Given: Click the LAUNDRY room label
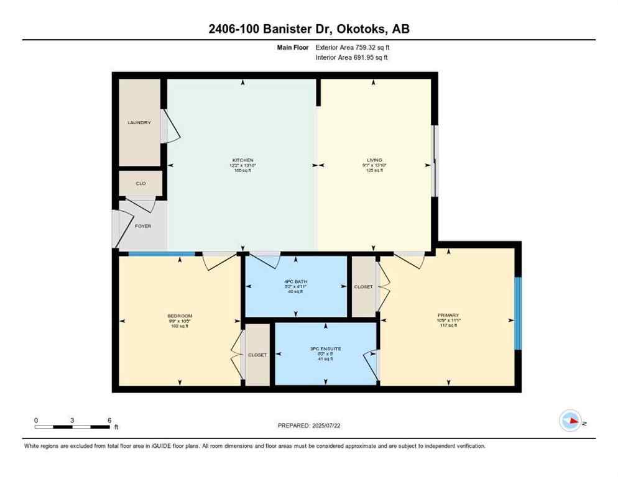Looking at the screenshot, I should point(139,123).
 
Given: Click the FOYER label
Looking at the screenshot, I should point(143,226).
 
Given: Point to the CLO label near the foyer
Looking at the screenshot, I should point(141,184).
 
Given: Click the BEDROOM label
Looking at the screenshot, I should point(179,316).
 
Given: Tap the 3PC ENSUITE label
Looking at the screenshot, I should point(326,349).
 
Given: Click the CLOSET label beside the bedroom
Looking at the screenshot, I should point(257,355).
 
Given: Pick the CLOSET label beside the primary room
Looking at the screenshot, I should point(363,287).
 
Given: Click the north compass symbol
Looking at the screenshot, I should point(570,421).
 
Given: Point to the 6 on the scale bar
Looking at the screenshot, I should point(109,420).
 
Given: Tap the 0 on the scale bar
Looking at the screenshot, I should point(36,420).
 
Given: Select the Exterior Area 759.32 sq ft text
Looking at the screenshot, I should point(353,47).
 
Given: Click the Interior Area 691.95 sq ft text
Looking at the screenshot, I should point(353,58).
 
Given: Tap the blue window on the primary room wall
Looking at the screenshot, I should point(517,313).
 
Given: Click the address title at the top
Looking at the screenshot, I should point(308,29).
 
